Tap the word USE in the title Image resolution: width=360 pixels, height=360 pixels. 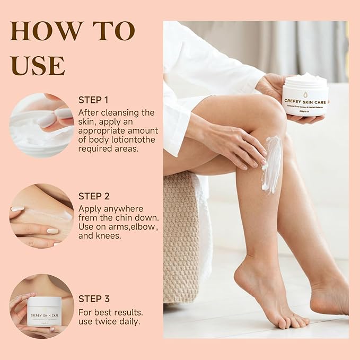pyautogui.click(x=37, y=65)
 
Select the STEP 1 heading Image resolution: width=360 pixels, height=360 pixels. pyautogui.click(x=93, y=100)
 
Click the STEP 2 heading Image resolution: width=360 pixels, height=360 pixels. pyautogui.click(x=94, y=196)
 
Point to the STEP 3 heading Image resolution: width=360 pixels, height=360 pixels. pyautogui.click(x=94, y=298)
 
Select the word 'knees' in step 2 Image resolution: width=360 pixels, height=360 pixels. pyautogui.click(x=109, y=236)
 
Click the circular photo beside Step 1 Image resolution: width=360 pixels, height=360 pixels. pyautogui.click(x=41, y=125)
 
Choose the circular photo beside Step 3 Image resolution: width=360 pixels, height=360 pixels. pyautogui.click(x=41, y=306)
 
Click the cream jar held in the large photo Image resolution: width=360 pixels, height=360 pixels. pyautogui.click(x=304, y=95)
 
